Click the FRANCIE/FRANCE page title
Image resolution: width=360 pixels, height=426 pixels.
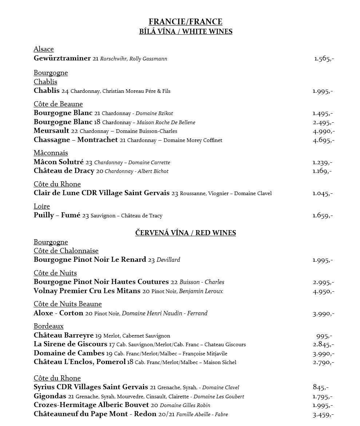click(x=185, y=22)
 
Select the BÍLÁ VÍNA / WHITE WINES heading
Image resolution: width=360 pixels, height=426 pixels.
click(x=186, y=31)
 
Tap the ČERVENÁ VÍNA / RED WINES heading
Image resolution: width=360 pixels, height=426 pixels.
click(x=186, y=233)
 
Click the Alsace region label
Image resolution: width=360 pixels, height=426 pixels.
click(x=44, y=49)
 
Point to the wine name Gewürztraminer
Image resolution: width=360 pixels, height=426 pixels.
click(x=62, y=58)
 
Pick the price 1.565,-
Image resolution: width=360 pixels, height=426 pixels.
click(x=324, y=59)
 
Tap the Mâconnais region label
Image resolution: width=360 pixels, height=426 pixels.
click(x=51, y=153)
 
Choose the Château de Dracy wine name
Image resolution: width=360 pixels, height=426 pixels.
click(x=64, y=171)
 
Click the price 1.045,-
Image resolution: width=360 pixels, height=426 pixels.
click(x=323, y=193)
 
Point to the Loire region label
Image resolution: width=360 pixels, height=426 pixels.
click(x=42, y=206)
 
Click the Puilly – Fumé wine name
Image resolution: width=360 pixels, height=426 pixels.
click(x=57, y=215)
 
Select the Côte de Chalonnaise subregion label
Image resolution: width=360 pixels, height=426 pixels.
click(x=66, y=251)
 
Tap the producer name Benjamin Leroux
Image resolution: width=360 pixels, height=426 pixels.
click(x=201, y=291)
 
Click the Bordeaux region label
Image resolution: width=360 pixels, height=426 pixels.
click(x=48, y=326)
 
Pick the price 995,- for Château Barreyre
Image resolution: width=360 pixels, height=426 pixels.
click(x=324, y=336)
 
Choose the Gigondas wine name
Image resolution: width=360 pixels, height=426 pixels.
click(x=50, y=396)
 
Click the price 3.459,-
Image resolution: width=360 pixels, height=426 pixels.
click(x=323, y=414)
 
